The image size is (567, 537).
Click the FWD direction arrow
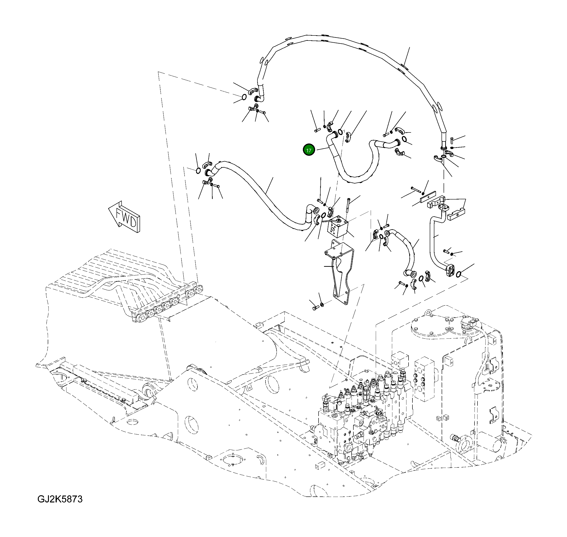(x=125, y=217)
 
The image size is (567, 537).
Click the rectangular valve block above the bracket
(x=338, y=227)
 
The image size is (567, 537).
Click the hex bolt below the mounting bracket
(x=315, y=308)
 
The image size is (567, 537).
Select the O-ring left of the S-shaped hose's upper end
(x=197, y=171)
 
